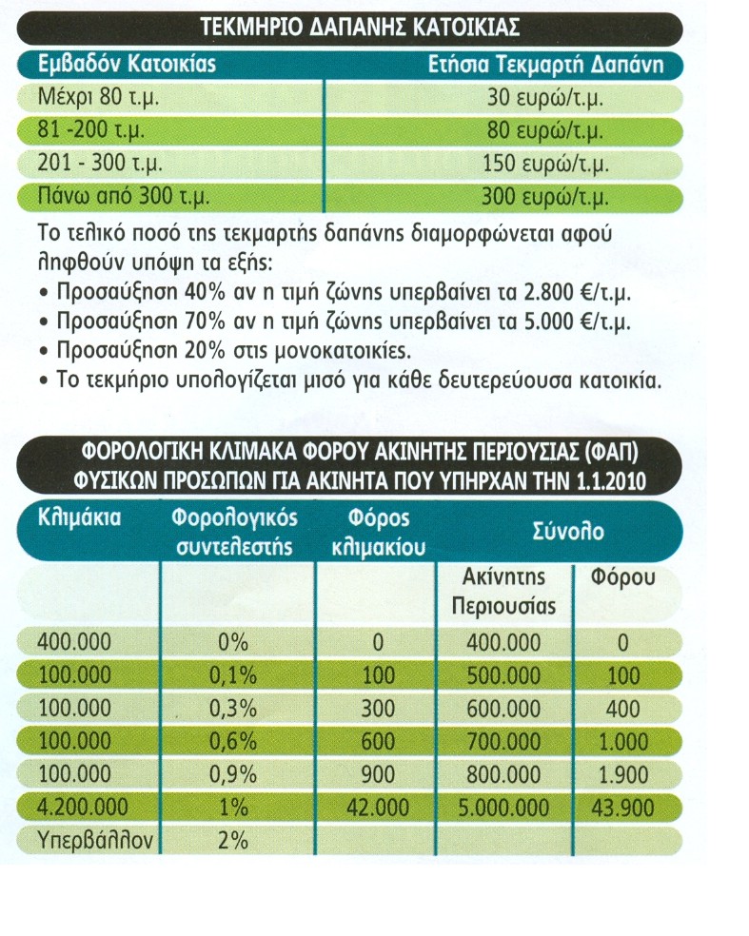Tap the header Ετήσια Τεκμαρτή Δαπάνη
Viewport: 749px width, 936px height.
555,66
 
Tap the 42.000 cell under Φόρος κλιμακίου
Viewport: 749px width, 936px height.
378,808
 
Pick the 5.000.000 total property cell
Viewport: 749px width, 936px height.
503,808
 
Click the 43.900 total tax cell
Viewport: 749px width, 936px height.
623,808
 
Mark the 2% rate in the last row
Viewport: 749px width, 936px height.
233,840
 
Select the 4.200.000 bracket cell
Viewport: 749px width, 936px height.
83,808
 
